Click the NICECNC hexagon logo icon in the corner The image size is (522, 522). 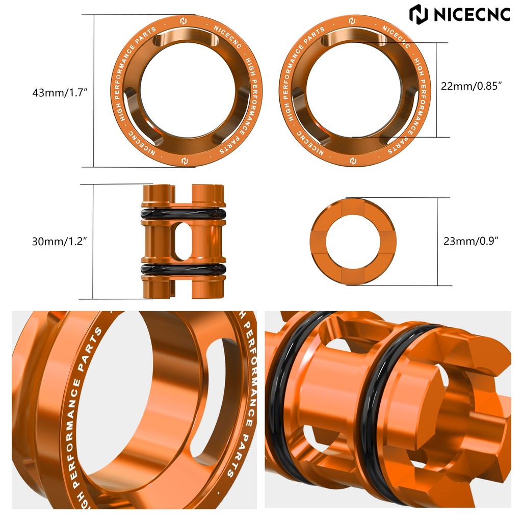(x=419, y=14)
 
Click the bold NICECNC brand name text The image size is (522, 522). (x=472, y=14)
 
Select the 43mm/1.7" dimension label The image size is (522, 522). (x=60, y=93)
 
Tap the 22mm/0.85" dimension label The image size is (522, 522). (x=472, y=86)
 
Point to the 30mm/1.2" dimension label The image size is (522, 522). (x=60, y=242)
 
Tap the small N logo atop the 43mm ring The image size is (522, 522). (x=183, y=21)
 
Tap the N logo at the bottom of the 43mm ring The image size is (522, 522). (x=183, y=161)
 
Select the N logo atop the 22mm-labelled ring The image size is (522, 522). (x=352, y=21)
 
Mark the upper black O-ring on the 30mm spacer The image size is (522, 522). (x=183, y=213)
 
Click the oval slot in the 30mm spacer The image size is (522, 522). (x=183, y=242)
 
